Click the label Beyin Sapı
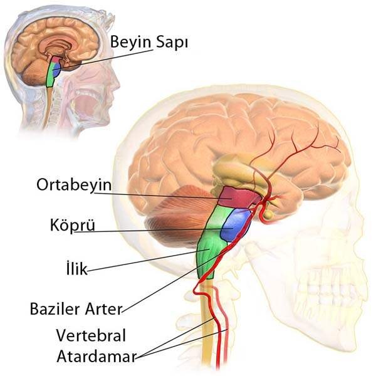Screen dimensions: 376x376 149,42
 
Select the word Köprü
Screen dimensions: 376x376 71,225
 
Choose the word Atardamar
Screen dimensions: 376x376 95,356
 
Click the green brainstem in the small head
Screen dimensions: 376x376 51,76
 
